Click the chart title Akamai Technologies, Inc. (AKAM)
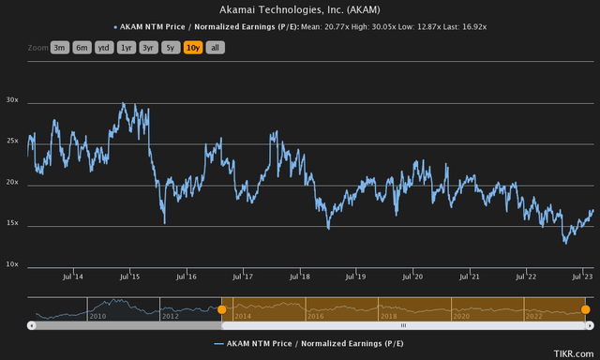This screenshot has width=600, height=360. click(299, 8)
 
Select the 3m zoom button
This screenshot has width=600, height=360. click(60, 47)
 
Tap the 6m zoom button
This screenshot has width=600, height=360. click(82, 47)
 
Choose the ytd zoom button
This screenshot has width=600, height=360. click(102, 47)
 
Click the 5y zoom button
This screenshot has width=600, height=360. click(170, 47)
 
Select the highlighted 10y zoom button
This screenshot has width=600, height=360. click(193, 47)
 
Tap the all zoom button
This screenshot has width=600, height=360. click(214, 47)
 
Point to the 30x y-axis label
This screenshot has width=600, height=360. click(12, 99)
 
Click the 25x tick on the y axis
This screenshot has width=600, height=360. click(12, 141)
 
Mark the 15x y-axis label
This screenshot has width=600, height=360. click(12, 224)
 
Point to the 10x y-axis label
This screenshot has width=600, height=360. click(12, 265)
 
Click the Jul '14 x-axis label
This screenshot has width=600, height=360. click(73, 277)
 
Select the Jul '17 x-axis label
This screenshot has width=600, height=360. click(243, 277)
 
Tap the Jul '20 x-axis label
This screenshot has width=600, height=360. click(412, 277)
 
